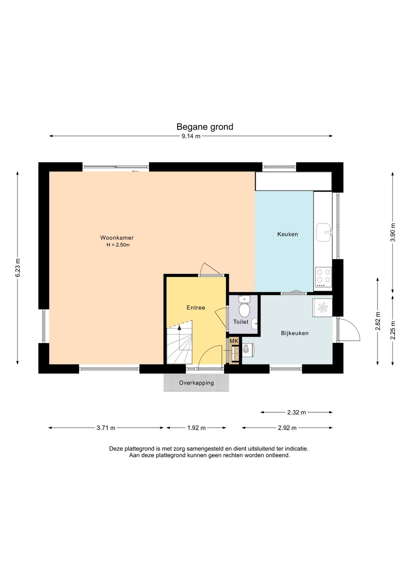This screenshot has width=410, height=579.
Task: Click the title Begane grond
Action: (205, 127)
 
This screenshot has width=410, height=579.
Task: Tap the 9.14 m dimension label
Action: (191, 136)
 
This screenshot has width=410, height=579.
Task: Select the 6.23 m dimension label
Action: (17, 267)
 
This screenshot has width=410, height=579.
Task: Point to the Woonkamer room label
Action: (117, 238)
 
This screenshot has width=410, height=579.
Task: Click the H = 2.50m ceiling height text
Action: (118, 245)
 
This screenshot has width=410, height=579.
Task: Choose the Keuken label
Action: (288, 234)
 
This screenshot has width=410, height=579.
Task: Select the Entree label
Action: (196, 308)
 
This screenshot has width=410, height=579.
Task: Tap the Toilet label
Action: (241, 322)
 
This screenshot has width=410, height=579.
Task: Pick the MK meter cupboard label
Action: (234, 341)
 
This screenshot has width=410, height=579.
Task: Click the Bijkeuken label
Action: (295, 333)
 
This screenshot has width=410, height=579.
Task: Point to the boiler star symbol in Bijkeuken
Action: (323, 308)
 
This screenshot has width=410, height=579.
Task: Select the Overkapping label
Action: (196, 383)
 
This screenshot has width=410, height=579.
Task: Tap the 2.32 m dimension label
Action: (296, 412)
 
